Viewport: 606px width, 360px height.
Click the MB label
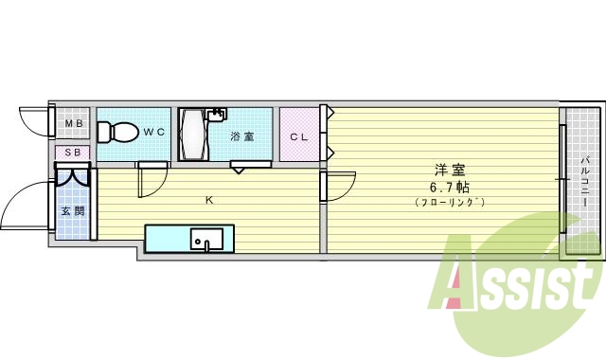click(73, 124)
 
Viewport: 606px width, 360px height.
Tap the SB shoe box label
click(73, 153)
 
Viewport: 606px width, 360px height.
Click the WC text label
click(154, 133)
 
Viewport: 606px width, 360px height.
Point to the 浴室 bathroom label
click(242, 135)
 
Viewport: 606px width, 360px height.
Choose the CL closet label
click(299, 136)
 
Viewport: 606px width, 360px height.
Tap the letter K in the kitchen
click(209, 200)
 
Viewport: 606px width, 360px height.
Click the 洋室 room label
click(449, 171)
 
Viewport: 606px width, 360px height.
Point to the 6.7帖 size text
click(449, 187)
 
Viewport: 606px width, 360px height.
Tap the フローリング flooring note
click(449, 202)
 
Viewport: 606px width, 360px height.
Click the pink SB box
click(73, 153)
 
